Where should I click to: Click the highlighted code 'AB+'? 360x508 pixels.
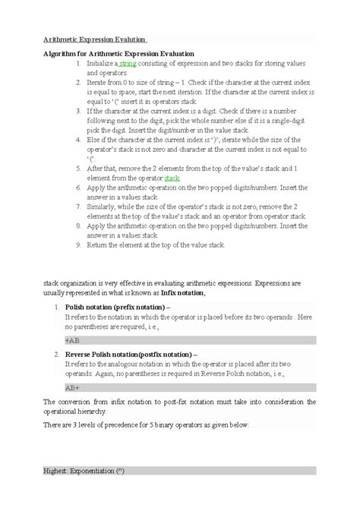(x=72, y=387)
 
